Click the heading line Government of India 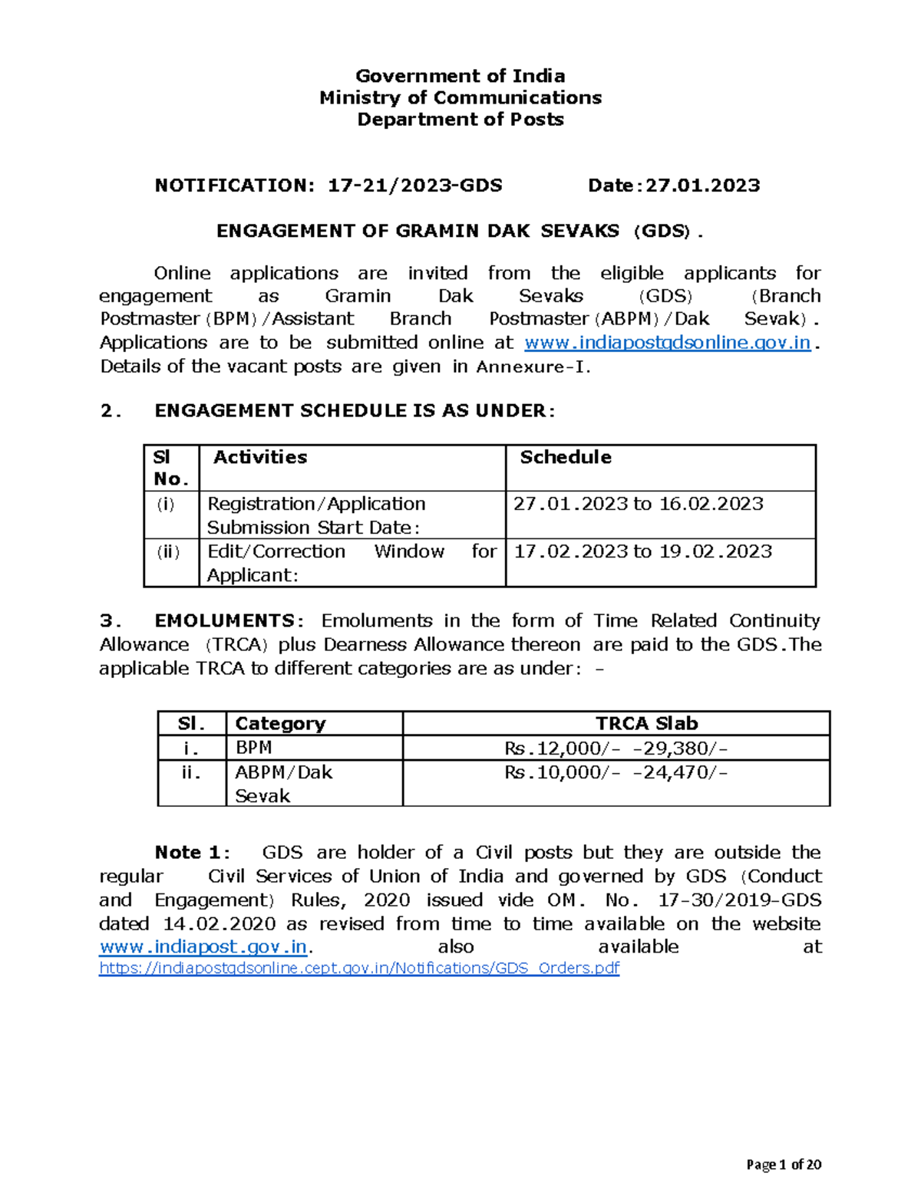(x=460, y=76)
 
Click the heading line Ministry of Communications (x=460, y=97)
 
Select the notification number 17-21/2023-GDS (x=415, y=186)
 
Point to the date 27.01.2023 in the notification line (x=702, y=186)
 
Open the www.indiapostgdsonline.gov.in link (x=666, y=342)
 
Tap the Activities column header (x=260, y=458)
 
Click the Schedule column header (x=566, y=458)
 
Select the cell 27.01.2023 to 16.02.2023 (x=638, y=504)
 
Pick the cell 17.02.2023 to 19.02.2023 (x=642, y=551)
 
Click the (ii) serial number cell (x=168, y=552)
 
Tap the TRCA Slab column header (x=646, y=723)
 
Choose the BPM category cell (x=253, y=748)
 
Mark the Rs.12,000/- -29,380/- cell (x=616, y=748)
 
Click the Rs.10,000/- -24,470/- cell (x=616, y=772)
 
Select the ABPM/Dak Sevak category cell (x=283, y=783)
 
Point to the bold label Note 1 (x=188, y=853)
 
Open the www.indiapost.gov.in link (x=203, y=947)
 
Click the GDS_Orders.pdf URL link (x=359, y=968)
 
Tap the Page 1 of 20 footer (x=784, y=1165)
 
